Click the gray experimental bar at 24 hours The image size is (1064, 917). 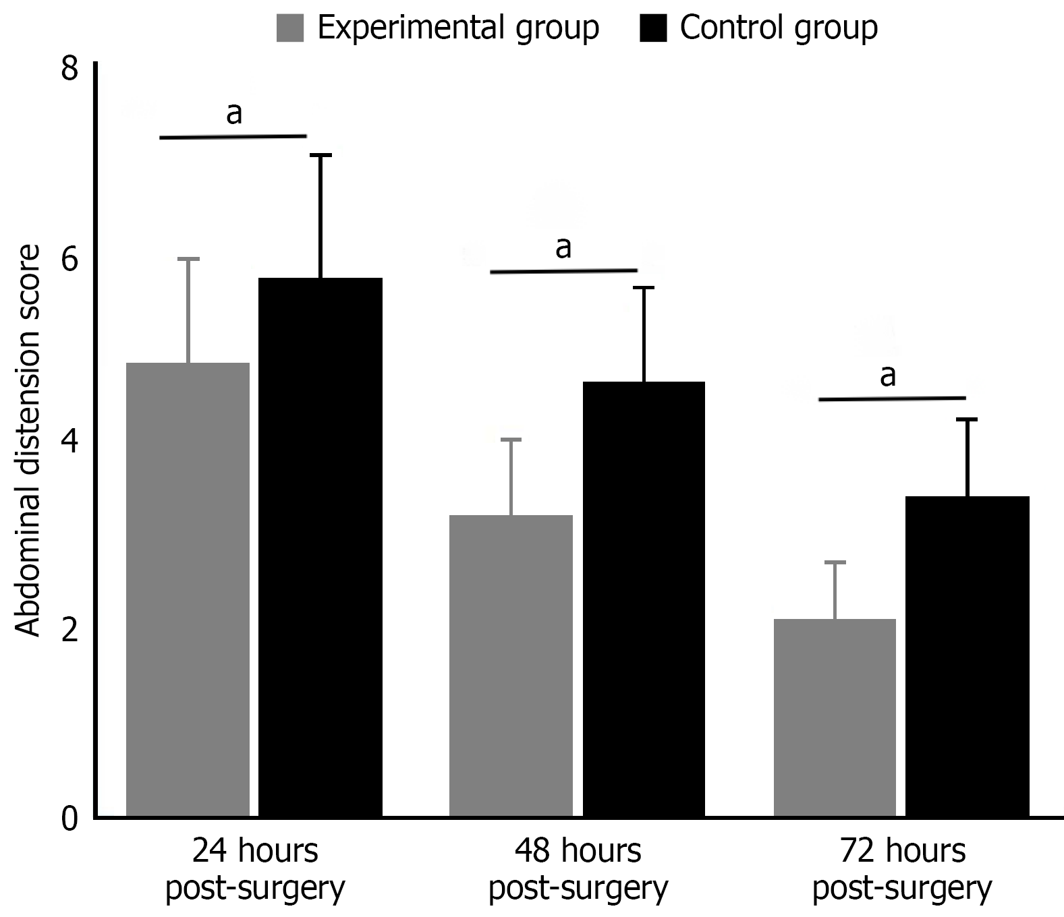[x=188, y=590]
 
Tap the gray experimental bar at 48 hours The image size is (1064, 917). [x=511, y=666]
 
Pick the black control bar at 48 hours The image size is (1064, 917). [x=644, y=599]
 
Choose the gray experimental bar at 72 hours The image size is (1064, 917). [x=835, y=718]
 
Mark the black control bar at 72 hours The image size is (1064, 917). [x=967, y=657]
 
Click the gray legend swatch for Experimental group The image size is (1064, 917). [x=290, y=29]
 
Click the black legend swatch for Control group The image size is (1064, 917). [x=652, y=29]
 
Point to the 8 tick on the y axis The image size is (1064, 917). [x=70, y=70]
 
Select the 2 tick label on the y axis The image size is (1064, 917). [x=70, y=631]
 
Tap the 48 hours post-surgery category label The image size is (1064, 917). [x=578, y=870]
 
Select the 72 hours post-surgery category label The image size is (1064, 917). [x=902, y=870]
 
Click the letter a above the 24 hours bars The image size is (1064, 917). [x=233, y=113]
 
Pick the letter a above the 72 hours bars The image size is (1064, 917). [x=888, y=376]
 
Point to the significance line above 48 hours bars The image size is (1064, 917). [x=563, y=271]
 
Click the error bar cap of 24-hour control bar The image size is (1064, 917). [x=320, y=155]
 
